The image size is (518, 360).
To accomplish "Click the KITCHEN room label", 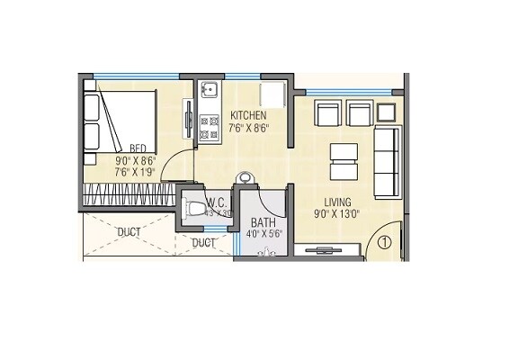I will coord(248,116).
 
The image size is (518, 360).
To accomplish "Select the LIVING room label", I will coord(338,202).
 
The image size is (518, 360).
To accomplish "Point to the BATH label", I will coord(263,222).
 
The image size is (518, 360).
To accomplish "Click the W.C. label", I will coord(217,202).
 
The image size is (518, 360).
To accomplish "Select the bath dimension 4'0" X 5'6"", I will coord(264,235).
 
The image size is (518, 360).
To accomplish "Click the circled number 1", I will coord(383,241).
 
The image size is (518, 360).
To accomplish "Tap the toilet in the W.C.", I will coord(197,211).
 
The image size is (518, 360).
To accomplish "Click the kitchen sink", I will coord(208,92).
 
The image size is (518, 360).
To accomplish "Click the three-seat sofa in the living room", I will coord(387,162).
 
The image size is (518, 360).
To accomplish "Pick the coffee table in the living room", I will coord(344,161).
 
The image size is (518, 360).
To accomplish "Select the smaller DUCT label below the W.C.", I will coord(204,243).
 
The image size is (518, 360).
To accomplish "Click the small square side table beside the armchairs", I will coord(386,112).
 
